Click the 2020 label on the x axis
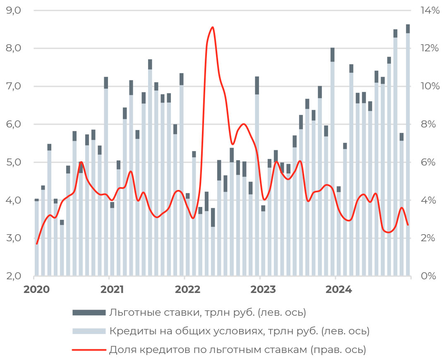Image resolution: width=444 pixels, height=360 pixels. [36, 289]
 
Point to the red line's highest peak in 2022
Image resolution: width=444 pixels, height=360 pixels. [212, 27]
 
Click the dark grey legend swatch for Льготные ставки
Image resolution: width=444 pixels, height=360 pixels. [88, 312]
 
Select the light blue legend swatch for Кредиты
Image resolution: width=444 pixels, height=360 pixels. [88, 331]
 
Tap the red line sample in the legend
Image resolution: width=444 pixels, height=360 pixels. [88, 350]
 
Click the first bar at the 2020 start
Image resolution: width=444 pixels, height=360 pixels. [37, 238]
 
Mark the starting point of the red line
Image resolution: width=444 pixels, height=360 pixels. [37, 244]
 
